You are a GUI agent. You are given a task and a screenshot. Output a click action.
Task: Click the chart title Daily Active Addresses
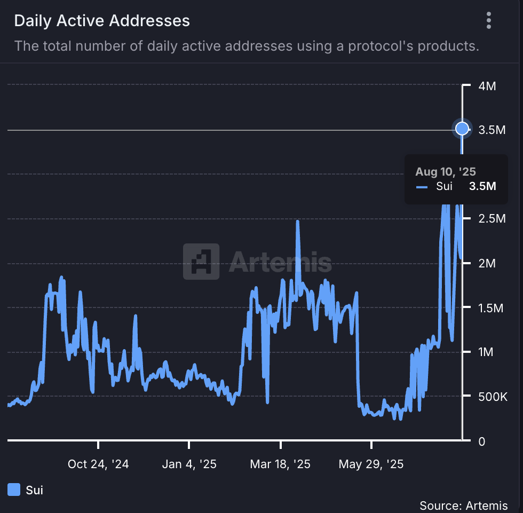pos(102,21)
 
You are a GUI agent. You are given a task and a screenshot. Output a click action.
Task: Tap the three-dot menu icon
pos(489,21)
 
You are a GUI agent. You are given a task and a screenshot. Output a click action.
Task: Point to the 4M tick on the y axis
pos(487,85)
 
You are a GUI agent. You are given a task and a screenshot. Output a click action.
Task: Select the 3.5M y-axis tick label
pos(491,130)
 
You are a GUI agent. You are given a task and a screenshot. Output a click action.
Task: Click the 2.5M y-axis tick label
pos(491,219)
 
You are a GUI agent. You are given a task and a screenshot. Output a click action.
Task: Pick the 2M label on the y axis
pos(487,263)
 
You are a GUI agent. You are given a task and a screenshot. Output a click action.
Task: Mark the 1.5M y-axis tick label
pos(491,308)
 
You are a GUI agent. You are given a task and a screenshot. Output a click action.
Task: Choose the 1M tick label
pos(487,352)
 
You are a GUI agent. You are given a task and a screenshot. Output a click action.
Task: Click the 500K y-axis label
pos(493,397)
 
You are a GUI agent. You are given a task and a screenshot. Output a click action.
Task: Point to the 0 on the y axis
pos(482,441)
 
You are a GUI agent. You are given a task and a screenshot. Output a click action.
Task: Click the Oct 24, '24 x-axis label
pos(98,464)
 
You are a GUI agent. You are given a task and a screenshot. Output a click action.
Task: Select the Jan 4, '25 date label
pos(189,464)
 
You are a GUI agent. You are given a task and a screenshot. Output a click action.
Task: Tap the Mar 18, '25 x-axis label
pos(280,464)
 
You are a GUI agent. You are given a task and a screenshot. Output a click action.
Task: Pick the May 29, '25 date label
pos(371,464)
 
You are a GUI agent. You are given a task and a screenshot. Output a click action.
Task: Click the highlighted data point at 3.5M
pos(462,129)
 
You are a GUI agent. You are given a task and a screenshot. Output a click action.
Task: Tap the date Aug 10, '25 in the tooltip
pos(446,172)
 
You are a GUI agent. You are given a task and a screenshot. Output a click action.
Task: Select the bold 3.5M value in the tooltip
pos(482,186)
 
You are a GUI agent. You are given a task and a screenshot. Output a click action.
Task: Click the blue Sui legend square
pos(14,490)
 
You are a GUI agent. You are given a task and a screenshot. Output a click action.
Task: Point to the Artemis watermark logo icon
pos(201,262)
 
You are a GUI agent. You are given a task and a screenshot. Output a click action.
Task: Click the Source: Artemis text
pos(463,505)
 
